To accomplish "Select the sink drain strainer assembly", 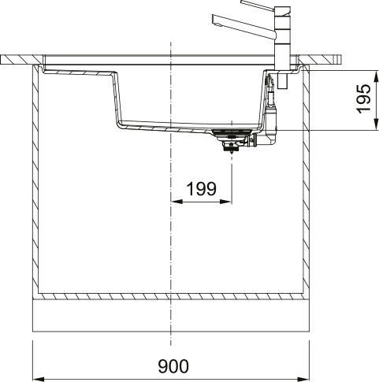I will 232,138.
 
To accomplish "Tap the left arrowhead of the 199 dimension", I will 175,201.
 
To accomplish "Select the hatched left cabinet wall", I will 35,181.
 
